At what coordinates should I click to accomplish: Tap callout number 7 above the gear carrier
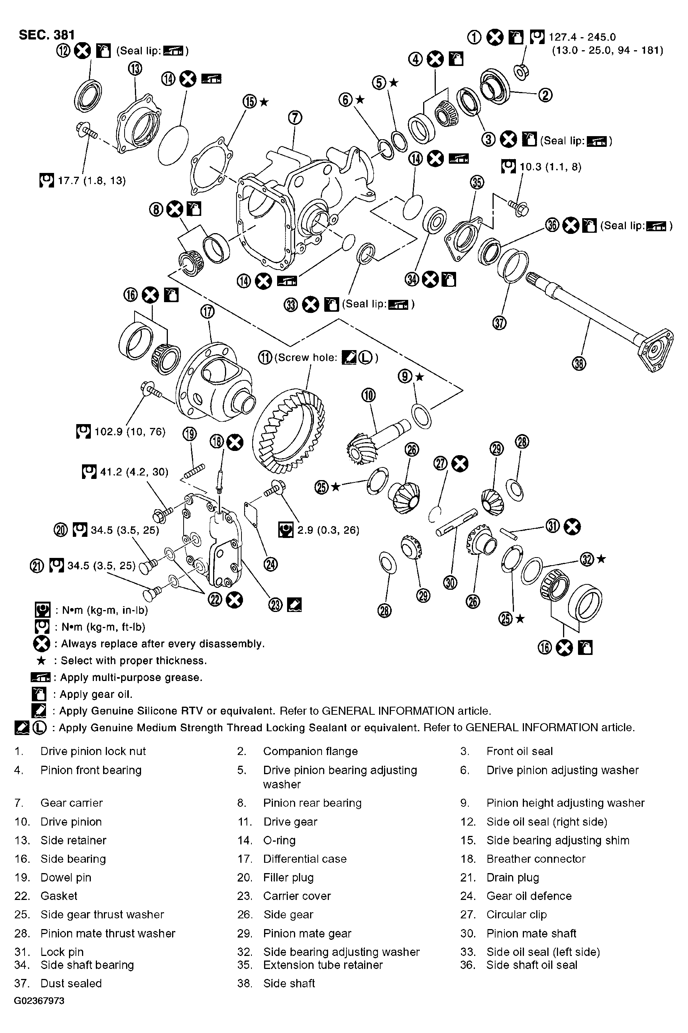(x=295, y=118)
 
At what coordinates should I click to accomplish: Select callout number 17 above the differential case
(x=207, y=312)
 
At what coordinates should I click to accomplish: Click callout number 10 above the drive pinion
(x=369, y=395)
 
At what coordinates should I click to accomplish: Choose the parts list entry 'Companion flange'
(x=310, y=751)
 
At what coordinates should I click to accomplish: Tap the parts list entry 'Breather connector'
(x=536, y=859)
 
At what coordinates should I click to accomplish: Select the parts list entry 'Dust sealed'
(x=71, y=984)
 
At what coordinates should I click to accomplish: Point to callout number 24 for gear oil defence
(x=271, y=564)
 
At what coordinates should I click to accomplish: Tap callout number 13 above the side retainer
(x=136, y=69)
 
